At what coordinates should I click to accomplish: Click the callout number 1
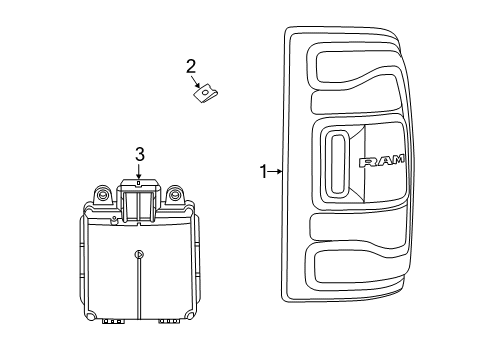pos(263,172)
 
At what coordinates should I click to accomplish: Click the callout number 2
pos(190,67)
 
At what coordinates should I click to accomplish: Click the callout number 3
pos(140,154)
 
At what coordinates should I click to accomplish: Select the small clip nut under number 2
pos(206,93)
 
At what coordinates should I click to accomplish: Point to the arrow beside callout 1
pos(276,172)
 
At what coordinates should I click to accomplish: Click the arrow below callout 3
pos(140,176)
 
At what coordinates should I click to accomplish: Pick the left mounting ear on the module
pos(102,196)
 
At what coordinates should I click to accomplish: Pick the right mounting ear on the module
pos(176,196)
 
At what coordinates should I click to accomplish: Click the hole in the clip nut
pos(206,93)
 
